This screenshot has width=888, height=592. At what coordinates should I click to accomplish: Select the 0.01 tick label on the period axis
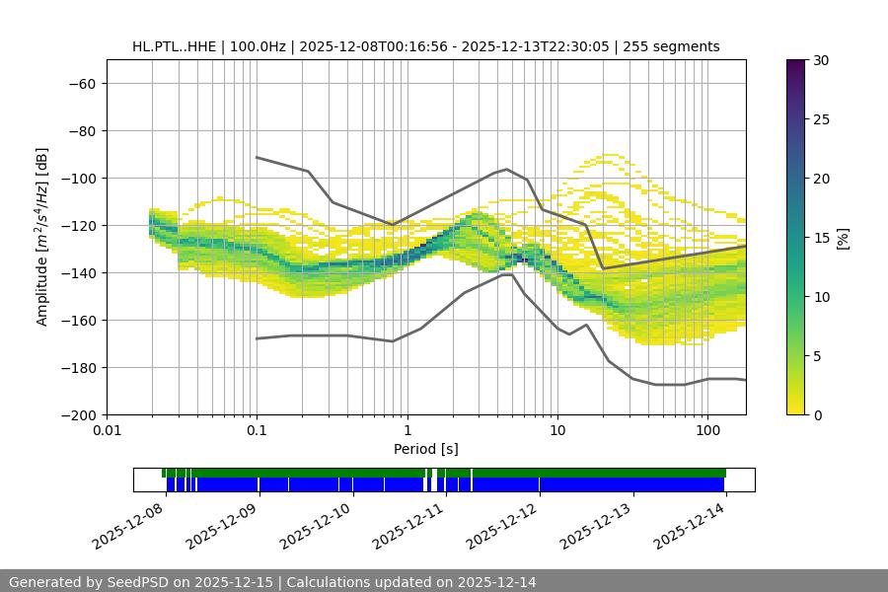pyautogui.click(x=107, y=431)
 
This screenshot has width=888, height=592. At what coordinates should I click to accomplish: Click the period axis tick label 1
pyautogui.click(x=407, y=431)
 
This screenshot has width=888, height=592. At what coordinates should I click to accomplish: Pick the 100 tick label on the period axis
pyautogui.click(x=707, y=431)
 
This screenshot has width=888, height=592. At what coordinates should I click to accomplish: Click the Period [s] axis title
pyautogui.click(x=426, y=449)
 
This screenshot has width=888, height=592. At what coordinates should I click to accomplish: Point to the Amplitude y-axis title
pyautogui.click(x=41, y=237)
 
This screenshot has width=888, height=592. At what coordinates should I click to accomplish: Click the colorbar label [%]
pyautogui.click(x=842, y=237)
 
